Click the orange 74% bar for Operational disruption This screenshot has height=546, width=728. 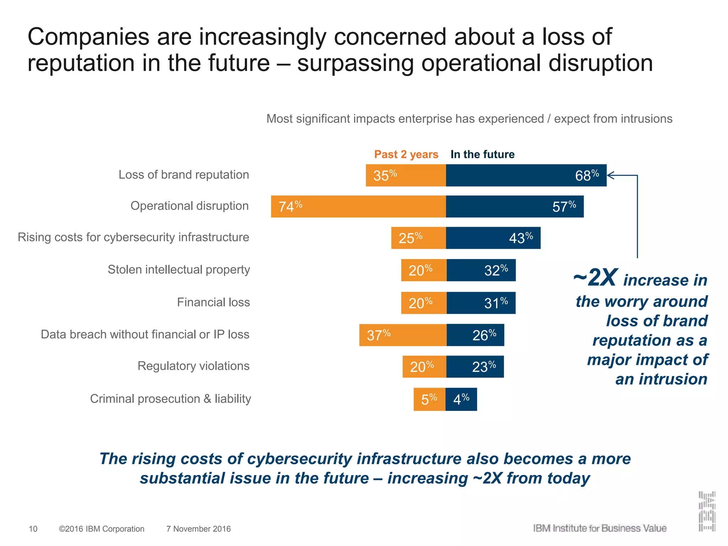pyautogui.click(x=358, y=207)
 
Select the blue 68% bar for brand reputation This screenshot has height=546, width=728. pyautogui.click(x=526, y=175)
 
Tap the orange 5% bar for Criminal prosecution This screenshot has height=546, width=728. pyautogui.click(x=429, y=399)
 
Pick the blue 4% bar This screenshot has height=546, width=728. pyautogui.click(x=461, y=399)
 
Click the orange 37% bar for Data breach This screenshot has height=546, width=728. pyautogui.click(x=403, y=335)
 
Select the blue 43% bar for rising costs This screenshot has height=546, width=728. pyautogui.click(x=493, y=238)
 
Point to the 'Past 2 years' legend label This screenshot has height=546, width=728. pyautogui.click(x=406, y=154)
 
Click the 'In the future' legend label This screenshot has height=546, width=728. pyautogui.click(x=482, y=154)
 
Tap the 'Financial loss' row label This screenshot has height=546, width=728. pyautogui.click(x=213, y=302)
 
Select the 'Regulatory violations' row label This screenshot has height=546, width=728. pyautogui.click(x=193, y=366)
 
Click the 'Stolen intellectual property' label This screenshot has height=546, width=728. pyautogui.click(x=179, y=269)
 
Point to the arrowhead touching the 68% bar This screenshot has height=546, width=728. pyautogui.click(x=610, y=175)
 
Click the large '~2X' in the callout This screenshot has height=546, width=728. pyautogui.click(x=595, y=278)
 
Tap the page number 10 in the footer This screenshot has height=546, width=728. pyautogui.click(x=33, y=529)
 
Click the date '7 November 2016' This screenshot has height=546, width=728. pyautogui.click(x=198, y=529)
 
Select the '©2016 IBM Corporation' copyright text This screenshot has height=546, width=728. pyautogui.click(x=102, y=529)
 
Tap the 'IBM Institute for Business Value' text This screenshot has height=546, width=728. pyautogui.click(x=600, y=528)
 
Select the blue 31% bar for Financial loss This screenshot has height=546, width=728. pyautogui.click(x=481, y=303)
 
